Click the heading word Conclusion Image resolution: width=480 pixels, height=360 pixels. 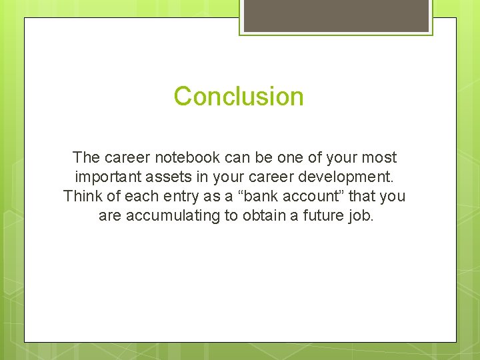(x=239, y=97)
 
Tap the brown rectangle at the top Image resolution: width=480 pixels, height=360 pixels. (x=336, y=15)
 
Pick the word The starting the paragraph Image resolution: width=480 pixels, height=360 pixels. (x=86, y=158)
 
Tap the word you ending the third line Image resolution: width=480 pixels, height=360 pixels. (x=393, y=197)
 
